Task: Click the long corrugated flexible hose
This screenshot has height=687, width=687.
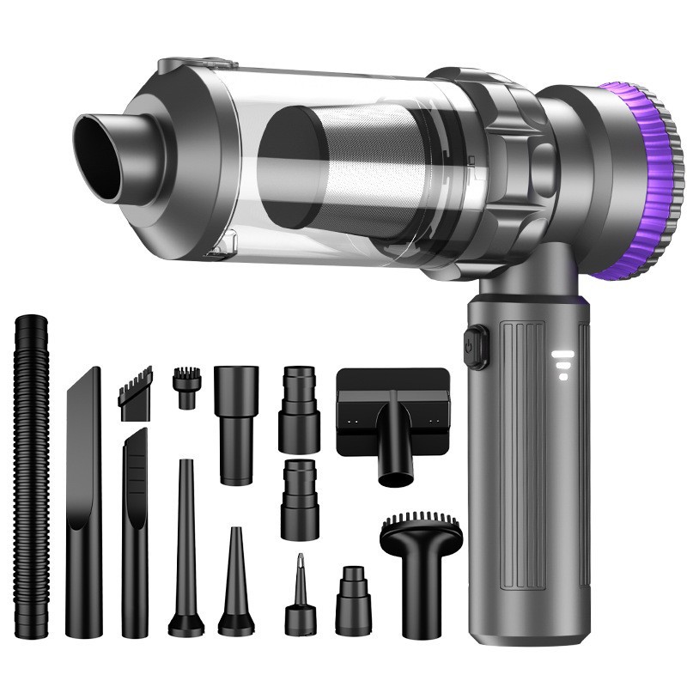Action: [x=32, y=472]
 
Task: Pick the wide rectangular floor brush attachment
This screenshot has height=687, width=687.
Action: [x=393, y=412]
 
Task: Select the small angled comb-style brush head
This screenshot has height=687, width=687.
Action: [x=136, y=393]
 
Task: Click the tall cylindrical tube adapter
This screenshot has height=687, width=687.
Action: [x=235, y=421]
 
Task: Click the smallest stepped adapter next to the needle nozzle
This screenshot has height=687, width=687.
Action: [x=352, y=601]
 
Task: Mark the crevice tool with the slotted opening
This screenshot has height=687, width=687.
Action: [x=135, y=532]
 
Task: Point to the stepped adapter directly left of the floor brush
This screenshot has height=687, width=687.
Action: [x=299, y=409]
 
